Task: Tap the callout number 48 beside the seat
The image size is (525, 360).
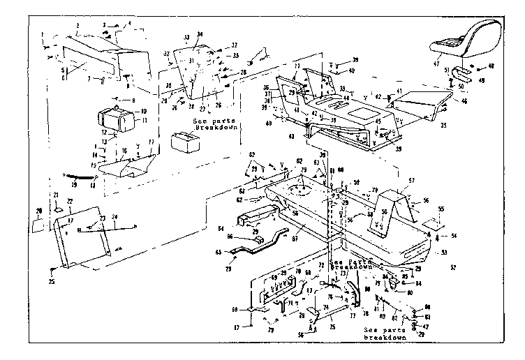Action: click(491, 67)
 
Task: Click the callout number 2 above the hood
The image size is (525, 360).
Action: click(77, 25)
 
